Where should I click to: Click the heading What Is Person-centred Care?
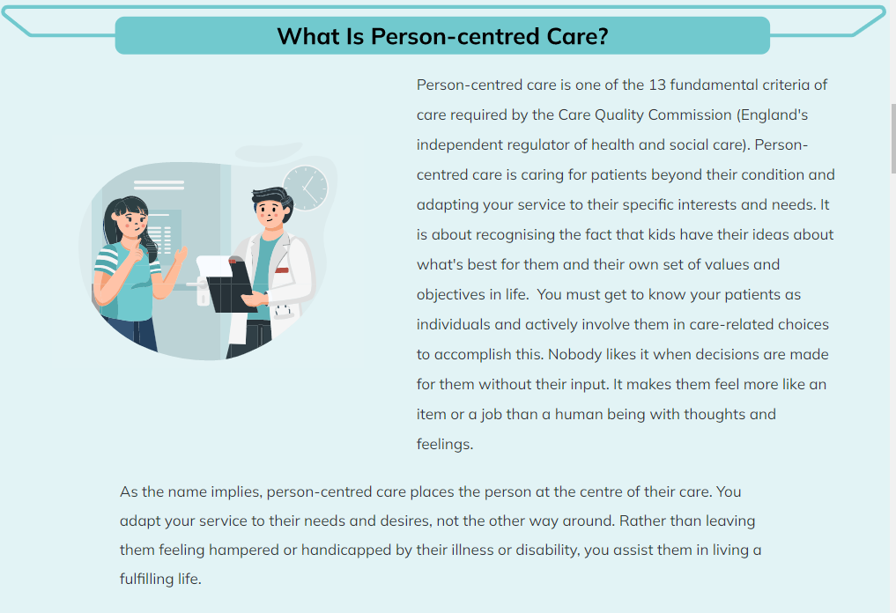coord(442,36)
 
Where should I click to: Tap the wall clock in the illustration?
coord(306,188)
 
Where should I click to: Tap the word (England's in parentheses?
coord(773,115)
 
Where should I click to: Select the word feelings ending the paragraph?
coord(444,445)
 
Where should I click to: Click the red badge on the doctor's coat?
coord(282,270)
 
